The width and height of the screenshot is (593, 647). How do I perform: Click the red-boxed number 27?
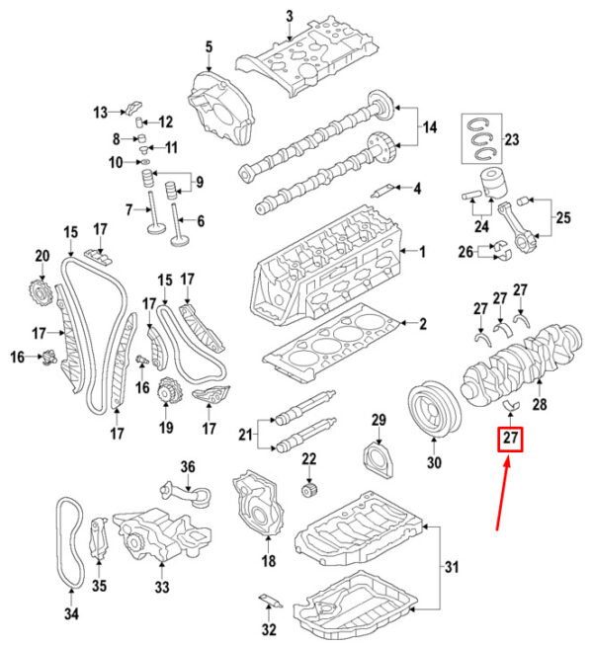(510, 439)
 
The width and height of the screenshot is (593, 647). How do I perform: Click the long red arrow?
(503, 495)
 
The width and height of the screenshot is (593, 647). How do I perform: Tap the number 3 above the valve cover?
(289, 17)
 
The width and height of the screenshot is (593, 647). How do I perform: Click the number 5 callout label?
(209, 47)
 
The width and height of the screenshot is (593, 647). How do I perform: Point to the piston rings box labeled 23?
(482, 138)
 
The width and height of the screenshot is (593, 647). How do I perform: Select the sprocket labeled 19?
(169, 390)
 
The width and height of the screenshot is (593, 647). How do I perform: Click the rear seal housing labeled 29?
(378, 460)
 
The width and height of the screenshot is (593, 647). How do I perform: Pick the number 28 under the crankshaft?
(540, 404)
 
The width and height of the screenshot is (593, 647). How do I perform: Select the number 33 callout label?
(162, 587)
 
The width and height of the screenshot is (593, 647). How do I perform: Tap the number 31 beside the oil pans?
(452, 567)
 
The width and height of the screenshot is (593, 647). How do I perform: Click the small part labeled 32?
(271, 601)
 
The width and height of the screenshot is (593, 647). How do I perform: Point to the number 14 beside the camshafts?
(430, 127)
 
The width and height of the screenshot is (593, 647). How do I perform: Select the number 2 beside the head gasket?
(422, 324)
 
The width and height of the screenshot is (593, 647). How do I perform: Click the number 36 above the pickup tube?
(188, 467)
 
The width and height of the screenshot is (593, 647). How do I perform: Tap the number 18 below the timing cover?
(269, 561)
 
